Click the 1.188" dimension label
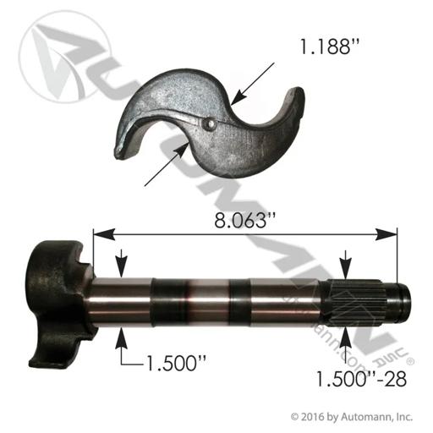pos(329,47)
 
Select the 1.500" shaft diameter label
pos(176,363)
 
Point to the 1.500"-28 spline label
pos(361,379)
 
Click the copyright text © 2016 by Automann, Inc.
pos(352,417)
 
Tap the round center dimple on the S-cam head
pos(210,124)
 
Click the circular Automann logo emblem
pos(64,57)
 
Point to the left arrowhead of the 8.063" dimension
pos(104,234)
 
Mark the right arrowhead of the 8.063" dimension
pos(386,234)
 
